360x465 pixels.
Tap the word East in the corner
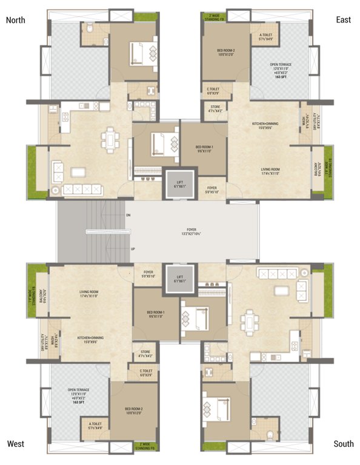coord(343,20)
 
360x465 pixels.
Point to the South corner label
coord(343,444)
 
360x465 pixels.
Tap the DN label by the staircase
coord(128,215)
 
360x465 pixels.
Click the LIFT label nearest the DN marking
coord(179,184)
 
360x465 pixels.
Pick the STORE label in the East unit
coord(215,110)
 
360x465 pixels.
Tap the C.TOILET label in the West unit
coord(145,372)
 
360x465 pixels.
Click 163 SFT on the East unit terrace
coord(281,77)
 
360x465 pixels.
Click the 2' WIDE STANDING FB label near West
coord(147,448)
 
